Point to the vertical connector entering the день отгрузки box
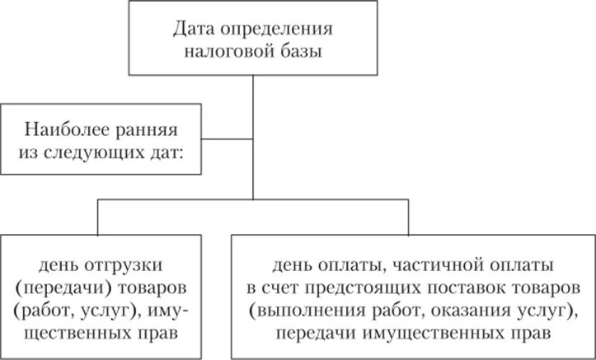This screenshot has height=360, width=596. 99,217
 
